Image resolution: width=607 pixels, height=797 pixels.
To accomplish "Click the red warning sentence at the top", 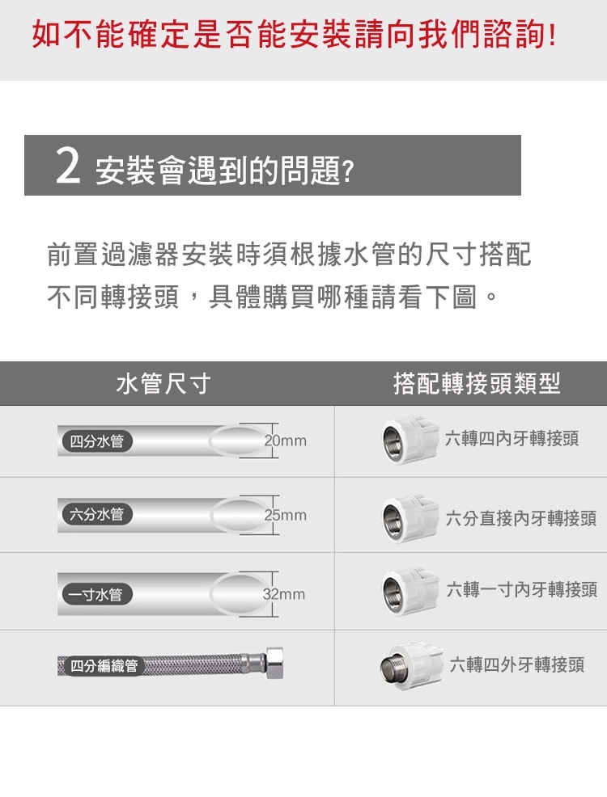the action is (x=294, y=35).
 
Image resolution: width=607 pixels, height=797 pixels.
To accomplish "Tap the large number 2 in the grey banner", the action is (x=68, y=167).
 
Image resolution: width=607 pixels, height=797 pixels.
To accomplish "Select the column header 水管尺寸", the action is (x=163, y=383).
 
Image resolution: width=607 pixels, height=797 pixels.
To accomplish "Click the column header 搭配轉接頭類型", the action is (x=477, y=383).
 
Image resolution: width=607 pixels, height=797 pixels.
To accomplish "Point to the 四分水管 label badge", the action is (x=96, y=441).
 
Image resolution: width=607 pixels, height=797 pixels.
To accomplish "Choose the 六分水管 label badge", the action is (x=96, y=514).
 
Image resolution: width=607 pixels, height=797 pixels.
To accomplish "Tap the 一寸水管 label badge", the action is (x=96, y=593).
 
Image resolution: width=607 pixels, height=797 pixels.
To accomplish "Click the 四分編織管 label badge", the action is (x=104, y=665).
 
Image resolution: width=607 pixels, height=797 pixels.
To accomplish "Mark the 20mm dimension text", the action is (x=286, y=441).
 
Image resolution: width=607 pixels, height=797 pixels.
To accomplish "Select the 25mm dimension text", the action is (x=286, y=515).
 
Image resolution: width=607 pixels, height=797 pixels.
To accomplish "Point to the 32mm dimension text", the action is (x=284, y=593).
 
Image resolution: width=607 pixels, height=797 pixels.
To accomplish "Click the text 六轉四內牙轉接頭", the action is (x=511, y=438).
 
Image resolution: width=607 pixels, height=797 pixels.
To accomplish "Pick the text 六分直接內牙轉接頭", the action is (x=521, y=518).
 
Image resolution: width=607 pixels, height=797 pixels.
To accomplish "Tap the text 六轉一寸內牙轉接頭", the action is (x=522, y=589).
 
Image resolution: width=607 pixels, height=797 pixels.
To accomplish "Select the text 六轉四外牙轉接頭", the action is (x=517, y=664).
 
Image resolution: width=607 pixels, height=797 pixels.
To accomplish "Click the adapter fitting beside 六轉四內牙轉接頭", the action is (x=410, y=441).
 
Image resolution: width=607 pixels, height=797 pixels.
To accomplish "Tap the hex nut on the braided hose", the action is (x=274, y=662).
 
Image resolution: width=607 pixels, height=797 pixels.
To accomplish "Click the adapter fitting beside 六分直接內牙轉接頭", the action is (x=410, y=518).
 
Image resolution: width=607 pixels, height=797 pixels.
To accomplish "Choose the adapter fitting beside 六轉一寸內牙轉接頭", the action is (x=410, y=591).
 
